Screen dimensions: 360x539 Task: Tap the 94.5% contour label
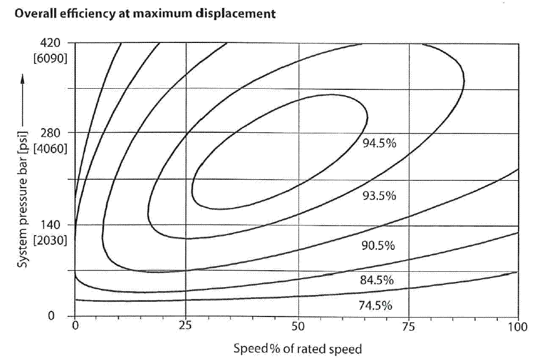coord(380,143)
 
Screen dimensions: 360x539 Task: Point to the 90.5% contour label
coord(378,246)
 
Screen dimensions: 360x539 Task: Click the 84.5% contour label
coord(376,280)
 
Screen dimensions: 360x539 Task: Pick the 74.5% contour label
coord(375,306)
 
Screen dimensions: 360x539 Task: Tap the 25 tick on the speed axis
coord(185,326)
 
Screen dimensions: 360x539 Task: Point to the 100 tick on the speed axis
coord(517,326)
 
